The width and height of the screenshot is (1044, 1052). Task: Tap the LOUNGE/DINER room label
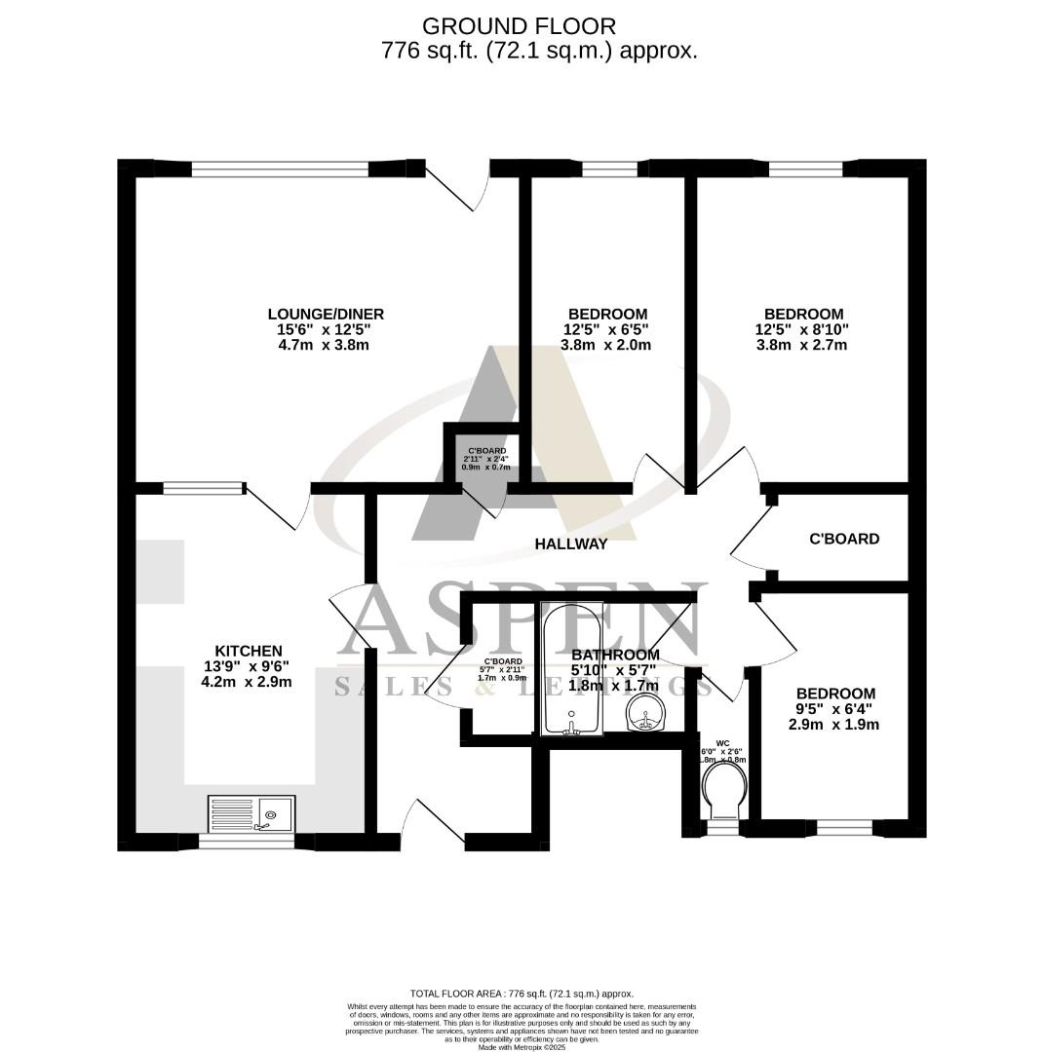pyautogui.click(x=326, y=314)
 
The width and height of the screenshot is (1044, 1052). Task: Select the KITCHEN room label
pyautogui.click(x=249, y=651)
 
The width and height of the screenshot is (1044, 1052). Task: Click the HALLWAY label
pyautogui.click(x=571, y=544)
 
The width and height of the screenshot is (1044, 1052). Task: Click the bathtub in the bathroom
pyautogui.click(x=571, y=672)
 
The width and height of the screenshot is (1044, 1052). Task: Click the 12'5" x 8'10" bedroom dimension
pyautogui.click(x=802, y=329)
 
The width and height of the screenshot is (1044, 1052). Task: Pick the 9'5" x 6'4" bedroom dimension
pyautogui.click(x=832, y=708)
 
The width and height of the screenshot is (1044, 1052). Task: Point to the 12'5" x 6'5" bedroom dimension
pyautogui.click(x=607, y=329)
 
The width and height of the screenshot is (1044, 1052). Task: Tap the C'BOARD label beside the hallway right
pyautogui.click(x=844, y=539)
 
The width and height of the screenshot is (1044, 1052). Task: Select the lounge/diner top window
pyautogui.click(x=280, y=169)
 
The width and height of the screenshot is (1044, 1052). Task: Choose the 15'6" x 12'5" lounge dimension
pyautogui.click(x=326, y=329)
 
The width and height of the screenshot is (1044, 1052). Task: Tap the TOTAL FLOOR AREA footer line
pyautogui.click(x=522, y=992)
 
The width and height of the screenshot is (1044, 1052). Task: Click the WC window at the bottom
pyautogui.click(x=722, y=829)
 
